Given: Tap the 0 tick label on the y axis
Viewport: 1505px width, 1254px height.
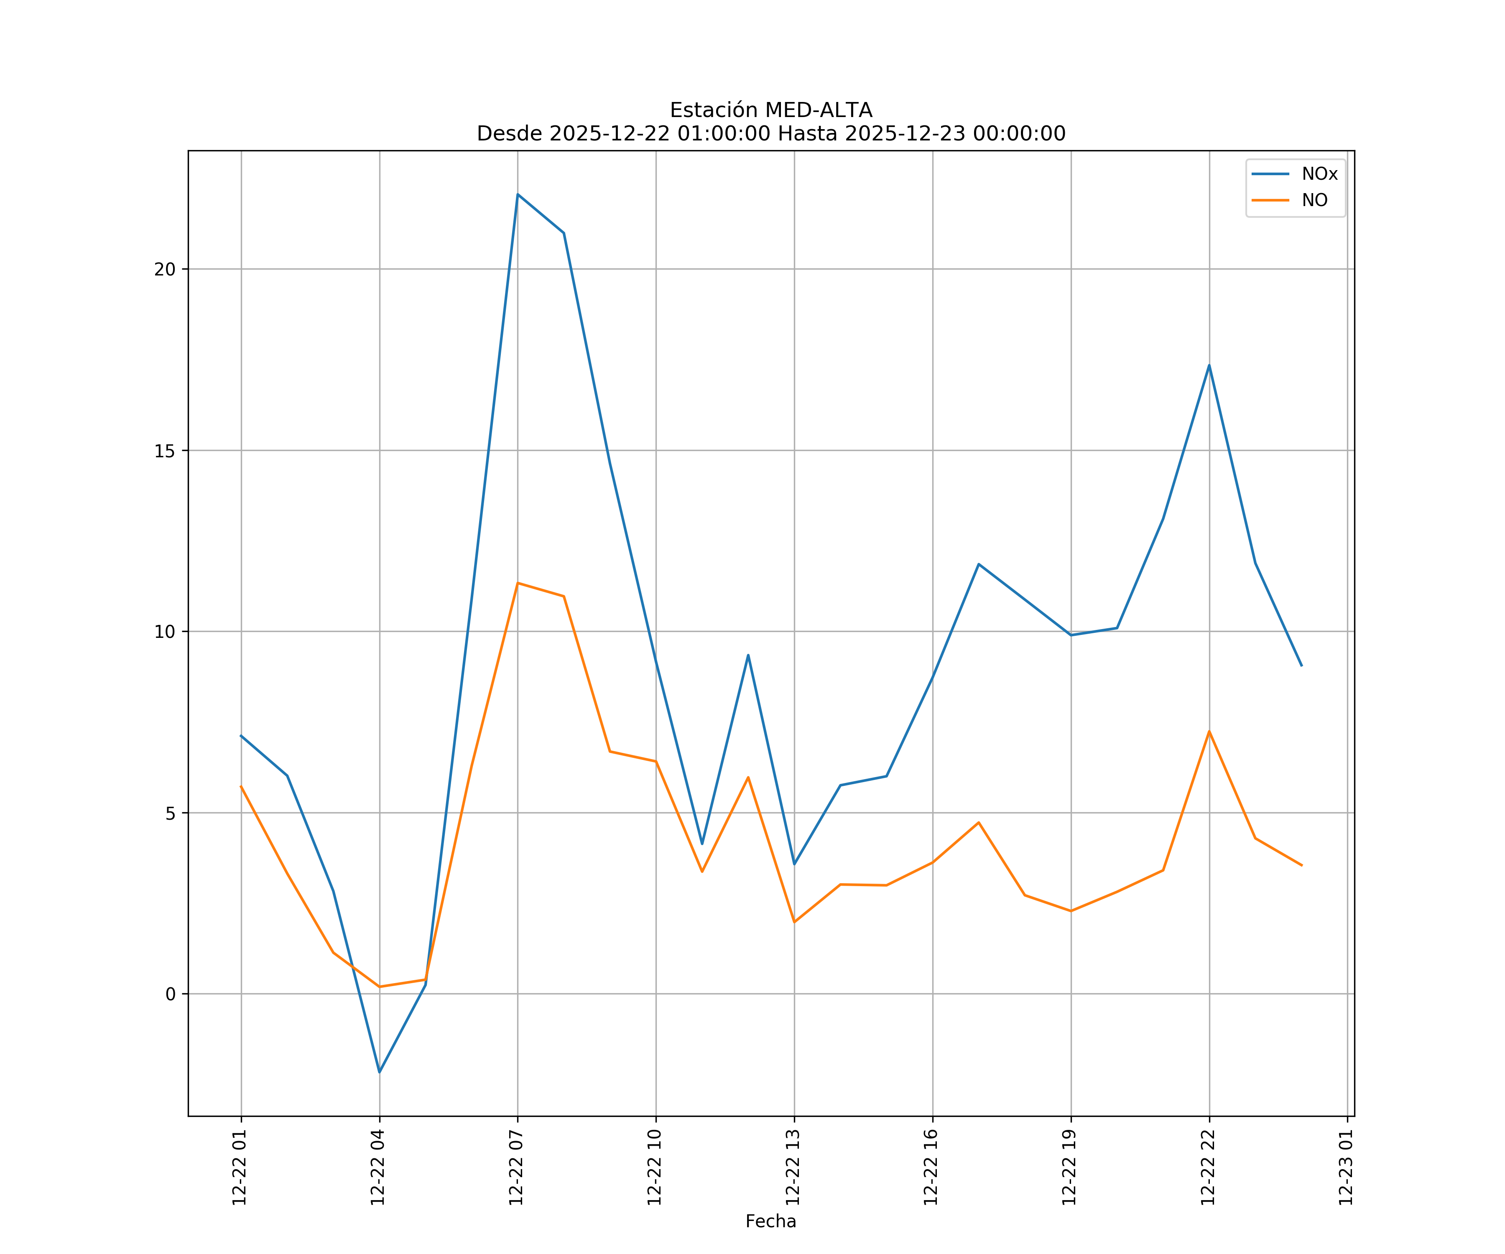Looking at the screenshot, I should click(171, 994).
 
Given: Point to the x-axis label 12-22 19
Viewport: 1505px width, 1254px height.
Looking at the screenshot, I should click(1070, 1167).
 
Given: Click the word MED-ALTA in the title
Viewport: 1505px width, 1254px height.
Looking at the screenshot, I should click(819, 110).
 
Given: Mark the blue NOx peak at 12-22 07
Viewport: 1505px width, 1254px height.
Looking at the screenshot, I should click(518, 194).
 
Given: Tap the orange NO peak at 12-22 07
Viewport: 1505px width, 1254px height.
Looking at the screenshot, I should click(518, 583).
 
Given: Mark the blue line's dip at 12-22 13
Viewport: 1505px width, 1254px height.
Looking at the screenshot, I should click(794, 864).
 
